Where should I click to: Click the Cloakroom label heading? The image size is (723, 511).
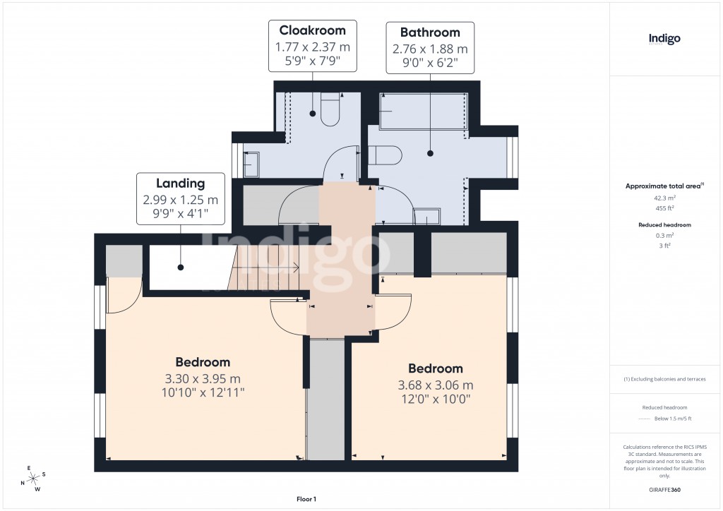[312, 30]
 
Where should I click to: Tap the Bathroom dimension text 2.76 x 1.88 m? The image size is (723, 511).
[429, 49]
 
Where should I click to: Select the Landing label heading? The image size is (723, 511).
[181, 184]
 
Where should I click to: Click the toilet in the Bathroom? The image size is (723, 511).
[385, 155]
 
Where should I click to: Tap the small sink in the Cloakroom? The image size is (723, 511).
[251, 164]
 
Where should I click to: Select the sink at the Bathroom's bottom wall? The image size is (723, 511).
[425, 216]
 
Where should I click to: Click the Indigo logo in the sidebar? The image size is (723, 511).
[664, 39]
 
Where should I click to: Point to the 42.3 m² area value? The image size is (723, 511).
[664, 198]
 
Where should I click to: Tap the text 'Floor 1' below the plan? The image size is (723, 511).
[306, 499]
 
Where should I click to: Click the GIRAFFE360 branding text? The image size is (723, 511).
[665, 490]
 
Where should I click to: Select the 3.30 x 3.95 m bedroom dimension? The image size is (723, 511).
[203, 378]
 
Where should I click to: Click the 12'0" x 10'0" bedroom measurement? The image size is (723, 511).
[436, 398]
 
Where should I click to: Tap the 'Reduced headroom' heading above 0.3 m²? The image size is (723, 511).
[664, 224]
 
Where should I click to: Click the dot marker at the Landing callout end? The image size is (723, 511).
[181, 267]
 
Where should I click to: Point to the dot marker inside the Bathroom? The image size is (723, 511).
[429, 152]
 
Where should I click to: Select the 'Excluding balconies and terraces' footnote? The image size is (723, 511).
[664, 379]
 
